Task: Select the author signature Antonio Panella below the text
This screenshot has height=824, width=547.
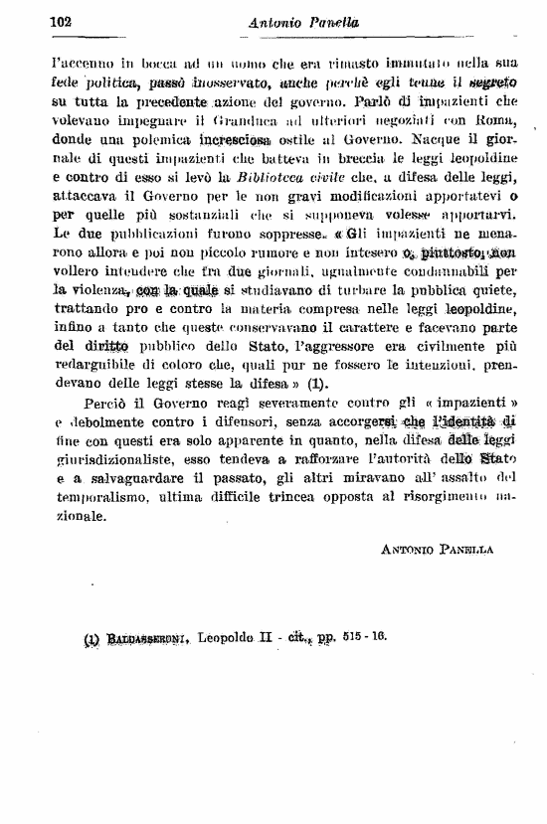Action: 438,548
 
